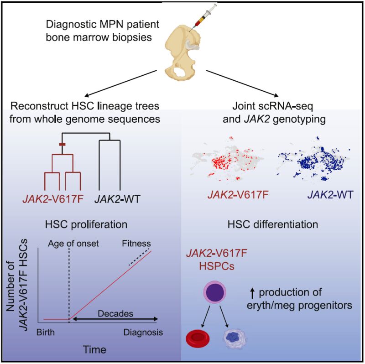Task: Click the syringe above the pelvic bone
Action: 203,18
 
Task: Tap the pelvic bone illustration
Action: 181,53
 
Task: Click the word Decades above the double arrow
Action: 115,313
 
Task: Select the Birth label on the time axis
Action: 46,332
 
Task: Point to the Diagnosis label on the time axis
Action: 143,333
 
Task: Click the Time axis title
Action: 94,349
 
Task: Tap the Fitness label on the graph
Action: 136,244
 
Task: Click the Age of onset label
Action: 73,244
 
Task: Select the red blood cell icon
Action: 198,338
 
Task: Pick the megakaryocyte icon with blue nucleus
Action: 235,338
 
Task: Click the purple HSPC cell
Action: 215,292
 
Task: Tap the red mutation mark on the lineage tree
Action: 62,145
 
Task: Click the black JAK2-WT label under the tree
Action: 117,199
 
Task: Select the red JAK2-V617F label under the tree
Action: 53,199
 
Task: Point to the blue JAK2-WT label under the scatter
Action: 330,195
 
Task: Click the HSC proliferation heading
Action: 86,224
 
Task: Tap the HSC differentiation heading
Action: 273,224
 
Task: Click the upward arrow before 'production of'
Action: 253,293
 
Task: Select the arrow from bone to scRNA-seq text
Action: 242,83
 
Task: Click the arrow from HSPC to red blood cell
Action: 206,317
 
